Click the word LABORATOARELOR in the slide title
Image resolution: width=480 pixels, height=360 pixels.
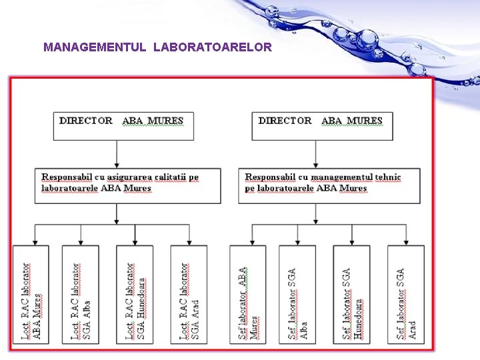coord(212,47)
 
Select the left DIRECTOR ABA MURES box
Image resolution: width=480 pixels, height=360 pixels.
coord(123,125)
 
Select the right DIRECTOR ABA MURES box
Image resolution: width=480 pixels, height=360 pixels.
coord(322,125)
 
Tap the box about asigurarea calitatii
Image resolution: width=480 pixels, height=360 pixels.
coord(128,185)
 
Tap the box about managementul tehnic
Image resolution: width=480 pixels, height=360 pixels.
coord(329,185)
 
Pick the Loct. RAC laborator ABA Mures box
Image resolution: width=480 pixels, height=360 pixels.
coord(31,293)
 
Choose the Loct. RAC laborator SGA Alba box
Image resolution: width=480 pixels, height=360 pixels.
coord(81,293)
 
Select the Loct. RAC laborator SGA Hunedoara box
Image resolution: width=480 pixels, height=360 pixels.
coord(135,293)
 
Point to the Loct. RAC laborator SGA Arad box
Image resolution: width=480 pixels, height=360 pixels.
coord(189,293)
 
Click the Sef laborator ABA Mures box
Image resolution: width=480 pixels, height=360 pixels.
coord(247,293)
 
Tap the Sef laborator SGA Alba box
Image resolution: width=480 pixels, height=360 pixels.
coord(297,293)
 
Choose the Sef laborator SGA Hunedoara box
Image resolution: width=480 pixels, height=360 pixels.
coord(351,293)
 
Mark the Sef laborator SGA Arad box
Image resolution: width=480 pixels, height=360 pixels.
coord(406,293)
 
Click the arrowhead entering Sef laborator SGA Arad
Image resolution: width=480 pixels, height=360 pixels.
coord(406,241)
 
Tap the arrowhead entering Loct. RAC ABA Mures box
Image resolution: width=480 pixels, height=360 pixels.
coord(33,241)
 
